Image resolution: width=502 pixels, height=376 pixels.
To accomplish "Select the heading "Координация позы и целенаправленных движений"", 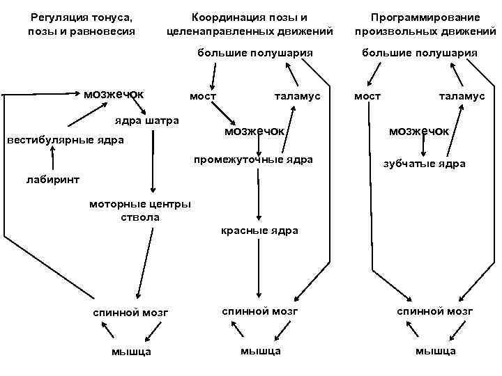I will coord(250,23).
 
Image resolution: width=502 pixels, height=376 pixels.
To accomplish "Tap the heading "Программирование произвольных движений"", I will coord(425,23).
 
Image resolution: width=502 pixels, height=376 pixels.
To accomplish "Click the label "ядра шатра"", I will coord(146,120).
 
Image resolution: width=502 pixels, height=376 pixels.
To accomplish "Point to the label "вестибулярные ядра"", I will coord(65,140).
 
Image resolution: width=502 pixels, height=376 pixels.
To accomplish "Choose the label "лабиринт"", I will coord(53,179).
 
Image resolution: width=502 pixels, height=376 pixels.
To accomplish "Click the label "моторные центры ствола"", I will coord(139,210).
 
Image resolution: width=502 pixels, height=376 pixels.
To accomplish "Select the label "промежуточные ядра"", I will coord(253,159).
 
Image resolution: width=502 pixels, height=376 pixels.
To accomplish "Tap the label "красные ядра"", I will coord(259,230).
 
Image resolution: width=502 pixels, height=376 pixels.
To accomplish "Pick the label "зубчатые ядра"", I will coord(425,164).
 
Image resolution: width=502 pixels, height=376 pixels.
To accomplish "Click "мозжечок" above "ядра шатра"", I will coord(114,94).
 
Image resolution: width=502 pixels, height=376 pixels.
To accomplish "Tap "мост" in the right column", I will coord(367,96).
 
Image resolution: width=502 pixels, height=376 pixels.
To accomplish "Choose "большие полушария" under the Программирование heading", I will coord(419,52).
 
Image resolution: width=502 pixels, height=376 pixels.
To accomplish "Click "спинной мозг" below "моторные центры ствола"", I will coord(131,313).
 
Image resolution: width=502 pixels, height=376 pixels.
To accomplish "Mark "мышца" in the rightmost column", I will coord(436,350).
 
